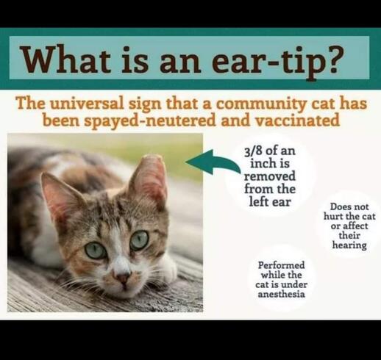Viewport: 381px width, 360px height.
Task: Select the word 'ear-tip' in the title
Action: point(264,60)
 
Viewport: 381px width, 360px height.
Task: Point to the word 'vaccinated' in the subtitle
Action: point(297,120)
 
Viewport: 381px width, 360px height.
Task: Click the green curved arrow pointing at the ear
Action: point(213,162)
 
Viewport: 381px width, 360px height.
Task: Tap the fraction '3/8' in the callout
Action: point(254,151)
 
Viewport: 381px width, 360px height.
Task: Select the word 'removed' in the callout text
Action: point(270,176)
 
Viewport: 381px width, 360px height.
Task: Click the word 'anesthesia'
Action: point(281,294)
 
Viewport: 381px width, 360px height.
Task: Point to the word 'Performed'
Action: point(281,265)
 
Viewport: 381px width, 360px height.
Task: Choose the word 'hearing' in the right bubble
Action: point(349,245)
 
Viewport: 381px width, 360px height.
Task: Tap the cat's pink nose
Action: point(123,278)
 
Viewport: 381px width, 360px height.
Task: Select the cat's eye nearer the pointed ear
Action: point(96,251)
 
